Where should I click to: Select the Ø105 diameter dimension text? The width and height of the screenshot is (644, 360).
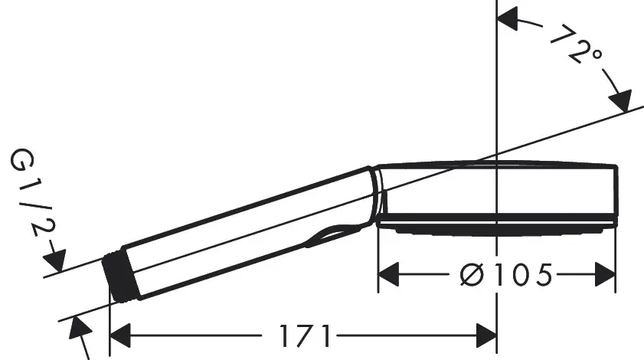tap(505, 273)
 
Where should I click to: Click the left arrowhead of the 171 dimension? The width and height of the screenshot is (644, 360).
tap(123, 335)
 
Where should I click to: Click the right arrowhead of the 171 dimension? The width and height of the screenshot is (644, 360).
tap(485, 335)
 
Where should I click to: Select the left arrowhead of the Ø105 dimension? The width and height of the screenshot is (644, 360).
tap(391, 273)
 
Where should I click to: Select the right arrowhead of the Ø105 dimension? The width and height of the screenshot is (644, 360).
tap(605, 273)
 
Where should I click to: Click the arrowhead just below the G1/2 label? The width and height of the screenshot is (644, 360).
tap(58, 258)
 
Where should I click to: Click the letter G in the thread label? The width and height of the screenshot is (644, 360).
tap(21, 161)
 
